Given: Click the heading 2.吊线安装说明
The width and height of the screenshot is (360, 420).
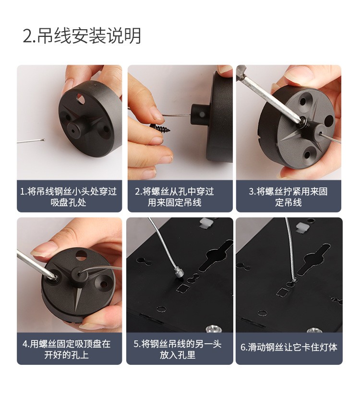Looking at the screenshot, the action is (82, 35).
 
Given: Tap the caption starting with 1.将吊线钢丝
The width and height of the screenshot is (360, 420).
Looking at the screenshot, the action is (69, 197).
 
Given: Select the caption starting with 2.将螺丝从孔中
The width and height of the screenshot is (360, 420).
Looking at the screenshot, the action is (174, 197).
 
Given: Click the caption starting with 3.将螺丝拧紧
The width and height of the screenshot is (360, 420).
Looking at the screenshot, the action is (288, 197).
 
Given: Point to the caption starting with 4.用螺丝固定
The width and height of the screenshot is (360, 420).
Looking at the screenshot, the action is (67, 349).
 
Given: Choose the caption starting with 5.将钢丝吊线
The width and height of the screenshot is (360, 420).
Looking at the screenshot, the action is (178, 349).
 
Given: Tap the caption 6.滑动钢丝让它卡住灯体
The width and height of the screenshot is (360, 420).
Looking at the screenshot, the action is (289, 347).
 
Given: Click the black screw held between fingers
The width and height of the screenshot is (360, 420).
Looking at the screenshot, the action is (160, 128).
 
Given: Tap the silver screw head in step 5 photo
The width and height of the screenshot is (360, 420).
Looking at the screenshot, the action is (214, 328).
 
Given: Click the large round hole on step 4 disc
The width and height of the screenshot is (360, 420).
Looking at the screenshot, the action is (81, 255).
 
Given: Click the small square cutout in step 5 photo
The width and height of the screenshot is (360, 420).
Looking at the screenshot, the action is (183, 289).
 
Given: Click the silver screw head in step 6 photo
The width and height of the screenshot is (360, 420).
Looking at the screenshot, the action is (314, 330).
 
